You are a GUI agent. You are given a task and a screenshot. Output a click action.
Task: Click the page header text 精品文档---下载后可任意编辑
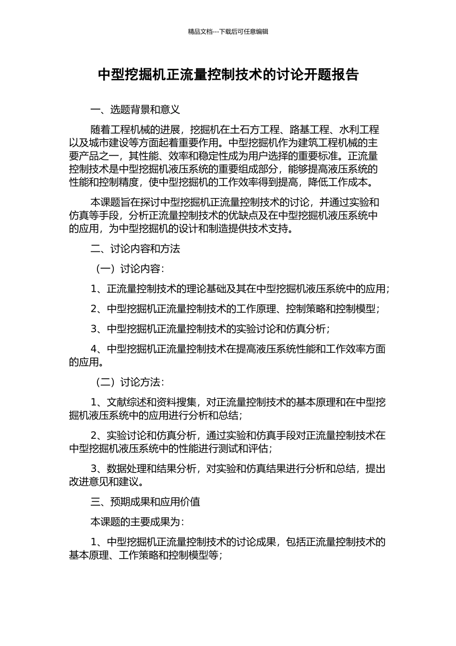(x=228, y=32)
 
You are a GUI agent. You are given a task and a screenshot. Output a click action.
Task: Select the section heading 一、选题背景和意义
(x=135, y=110)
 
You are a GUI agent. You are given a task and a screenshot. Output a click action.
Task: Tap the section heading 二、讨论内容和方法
(x=135, y=249)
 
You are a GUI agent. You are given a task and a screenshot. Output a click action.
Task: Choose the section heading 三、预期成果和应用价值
(x=145, y=502)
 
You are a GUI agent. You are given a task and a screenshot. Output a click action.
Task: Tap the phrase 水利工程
(x=359, y=129)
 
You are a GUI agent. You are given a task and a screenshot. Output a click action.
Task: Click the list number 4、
(x=98, y=349)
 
